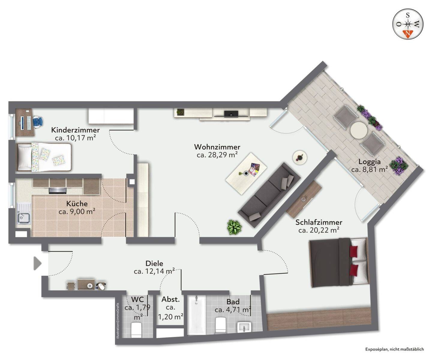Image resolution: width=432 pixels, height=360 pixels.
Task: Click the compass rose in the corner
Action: pyautogui.click(x=408, y=24)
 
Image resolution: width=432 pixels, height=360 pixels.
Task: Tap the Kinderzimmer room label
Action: pyautogui.click(x=75, y=130)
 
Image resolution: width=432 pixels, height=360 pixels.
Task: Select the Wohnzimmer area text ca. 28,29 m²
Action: pyautogui.click(x=217, y=155)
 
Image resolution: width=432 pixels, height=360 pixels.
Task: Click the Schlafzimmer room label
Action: pyautogui.click(x=319, y=222)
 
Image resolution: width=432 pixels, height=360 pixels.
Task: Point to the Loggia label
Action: pyautogui.click(x=369, y=162)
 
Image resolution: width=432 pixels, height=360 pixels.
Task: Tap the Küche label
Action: pyautogui.click(x=77, y=204)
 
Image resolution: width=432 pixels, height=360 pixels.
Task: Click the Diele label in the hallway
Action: pyautogui.click(x=154, y=263)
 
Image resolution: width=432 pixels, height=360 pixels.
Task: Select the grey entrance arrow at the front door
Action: pyautogui.click(x=37, y=263)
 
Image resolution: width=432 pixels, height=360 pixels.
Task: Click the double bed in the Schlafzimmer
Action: pyautogui.click(x=338, y=263)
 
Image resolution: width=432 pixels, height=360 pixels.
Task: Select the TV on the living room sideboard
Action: pyautogui.click(x=231, y=114)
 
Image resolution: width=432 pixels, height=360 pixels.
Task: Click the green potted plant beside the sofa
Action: pyautogui.click(x=234, y=227)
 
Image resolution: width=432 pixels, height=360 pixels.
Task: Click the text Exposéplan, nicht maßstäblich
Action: pyautogui.click(x=394, y=349)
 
